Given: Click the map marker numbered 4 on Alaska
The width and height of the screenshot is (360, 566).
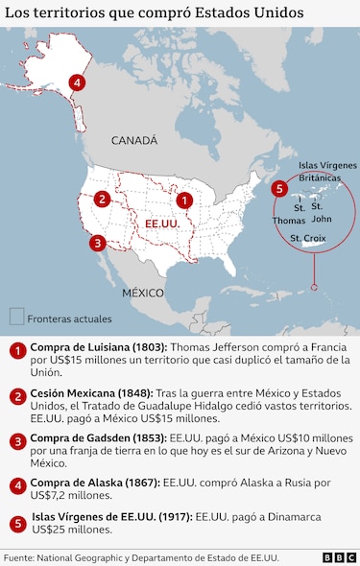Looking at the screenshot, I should coord(77,83).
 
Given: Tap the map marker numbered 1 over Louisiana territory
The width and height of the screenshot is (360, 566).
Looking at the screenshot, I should coord(184,200).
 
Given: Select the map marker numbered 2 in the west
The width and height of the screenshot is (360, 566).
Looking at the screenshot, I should coord(102,200).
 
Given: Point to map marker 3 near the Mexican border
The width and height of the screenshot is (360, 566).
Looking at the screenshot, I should coord(97,243).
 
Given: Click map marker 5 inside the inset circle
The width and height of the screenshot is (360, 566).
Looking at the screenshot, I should coord(278,188).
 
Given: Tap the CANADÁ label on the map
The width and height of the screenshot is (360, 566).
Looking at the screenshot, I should coord(133,140).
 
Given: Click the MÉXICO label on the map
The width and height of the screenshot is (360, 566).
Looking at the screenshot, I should coord(142,291).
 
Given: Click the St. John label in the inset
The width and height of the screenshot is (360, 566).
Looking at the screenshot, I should coord(322,212).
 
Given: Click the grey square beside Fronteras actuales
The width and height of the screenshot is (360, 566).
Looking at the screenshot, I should coord(16,317).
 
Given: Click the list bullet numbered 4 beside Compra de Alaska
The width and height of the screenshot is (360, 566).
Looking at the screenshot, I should coord(16,484).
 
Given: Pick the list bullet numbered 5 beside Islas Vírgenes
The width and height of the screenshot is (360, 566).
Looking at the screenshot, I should coord(16,523).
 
